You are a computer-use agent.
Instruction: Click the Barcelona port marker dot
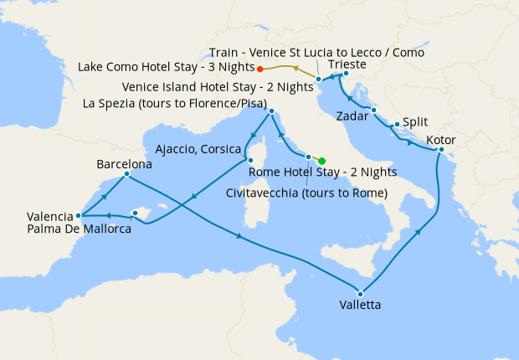[x=126, y=174]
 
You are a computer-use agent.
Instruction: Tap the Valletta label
[x=361, y=306]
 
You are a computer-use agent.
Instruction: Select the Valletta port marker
[x=361, y=293]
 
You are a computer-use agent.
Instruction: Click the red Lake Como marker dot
[x=260, y=69]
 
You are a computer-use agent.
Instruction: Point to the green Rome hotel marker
[x=321, y=161]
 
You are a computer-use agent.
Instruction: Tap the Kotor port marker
[x=441, y=150]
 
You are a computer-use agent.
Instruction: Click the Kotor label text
[x=440, y=139]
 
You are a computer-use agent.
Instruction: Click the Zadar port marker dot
[x=374, y=111]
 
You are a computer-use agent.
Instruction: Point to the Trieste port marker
[x=347, y=74]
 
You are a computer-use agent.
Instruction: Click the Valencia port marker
[x=80, y=216]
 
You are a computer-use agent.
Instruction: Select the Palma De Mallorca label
[x=79, y=229]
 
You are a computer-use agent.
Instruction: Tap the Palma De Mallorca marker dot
[x=135, y=213]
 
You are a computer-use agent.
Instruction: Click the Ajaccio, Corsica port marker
[x=249, y=160]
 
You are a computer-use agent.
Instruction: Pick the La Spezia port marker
[x=272, y=111]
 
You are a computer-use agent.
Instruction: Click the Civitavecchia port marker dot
[x=309, y=157]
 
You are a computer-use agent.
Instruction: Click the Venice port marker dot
[x=319, y=79]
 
